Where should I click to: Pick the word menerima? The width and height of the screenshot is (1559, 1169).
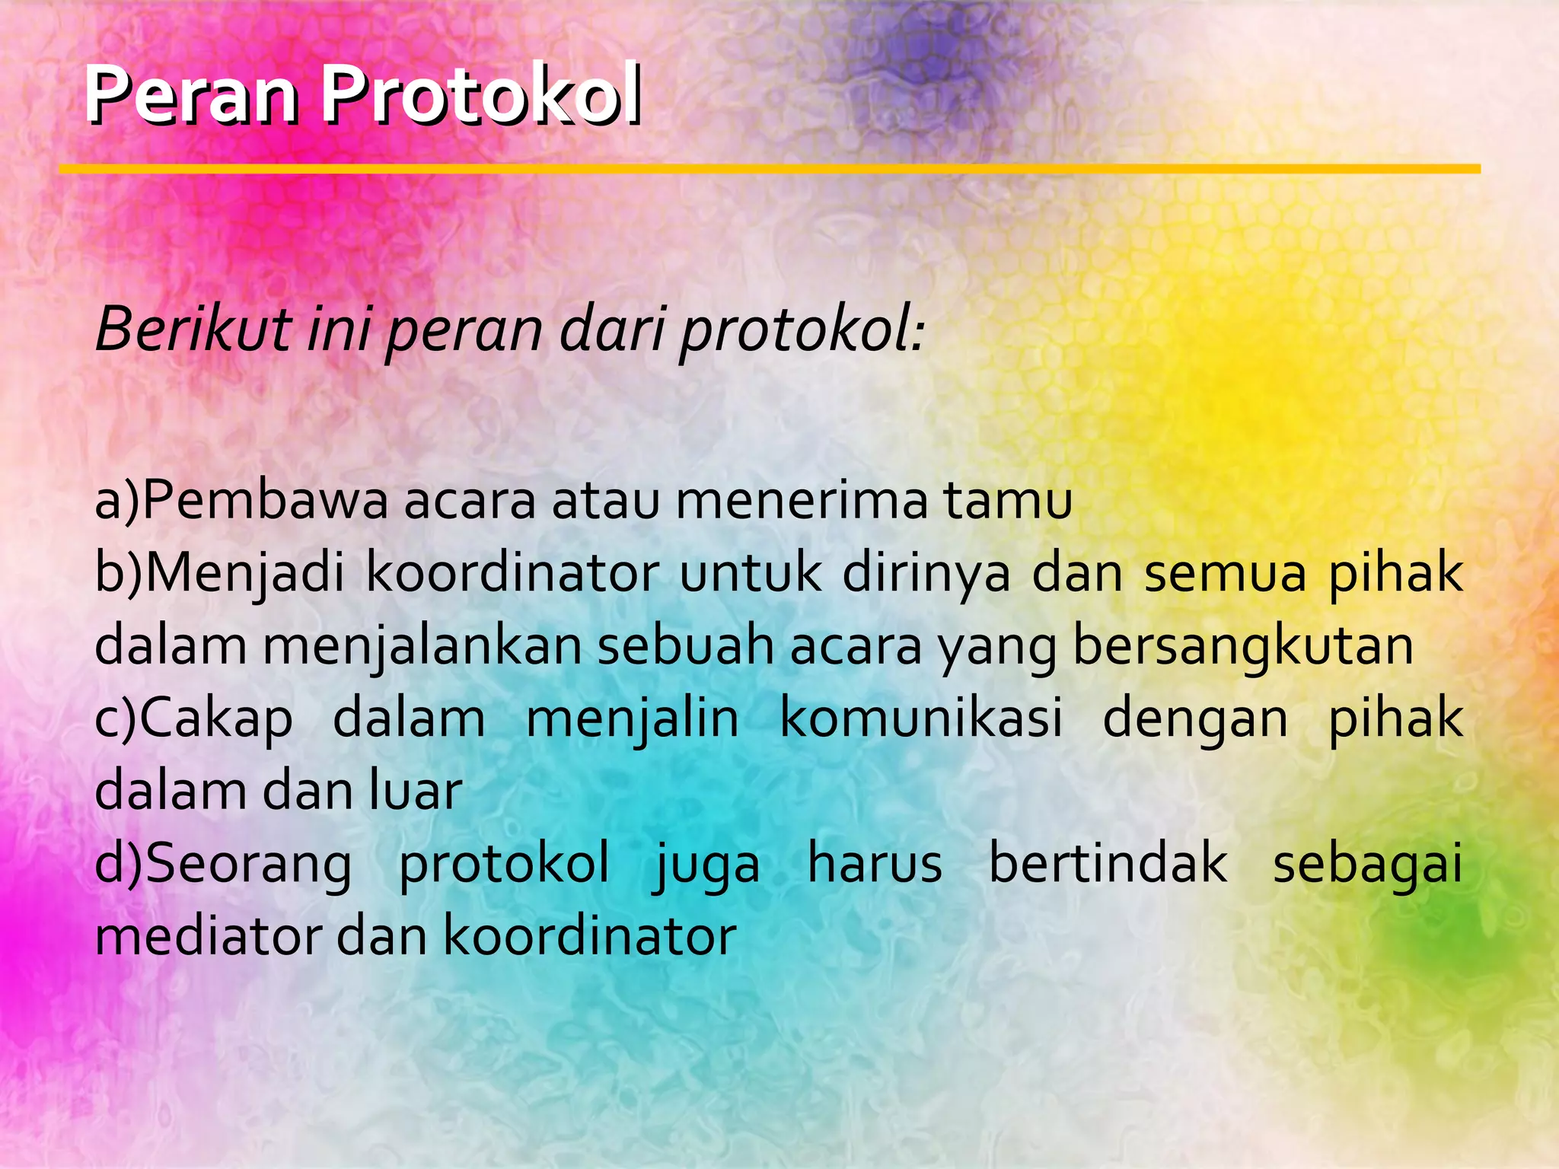click(x=801, y=501)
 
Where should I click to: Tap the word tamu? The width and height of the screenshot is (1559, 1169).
click(x=1007, y=501)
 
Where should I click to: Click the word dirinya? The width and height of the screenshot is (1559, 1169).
click(x=926, y=572)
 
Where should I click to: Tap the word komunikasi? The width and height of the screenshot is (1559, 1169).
click(x=921, y=718)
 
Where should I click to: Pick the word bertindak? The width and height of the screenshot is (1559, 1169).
click(x=1108, y=864)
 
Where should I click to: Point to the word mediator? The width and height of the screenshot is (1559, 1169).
click(x=208, y=936)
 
